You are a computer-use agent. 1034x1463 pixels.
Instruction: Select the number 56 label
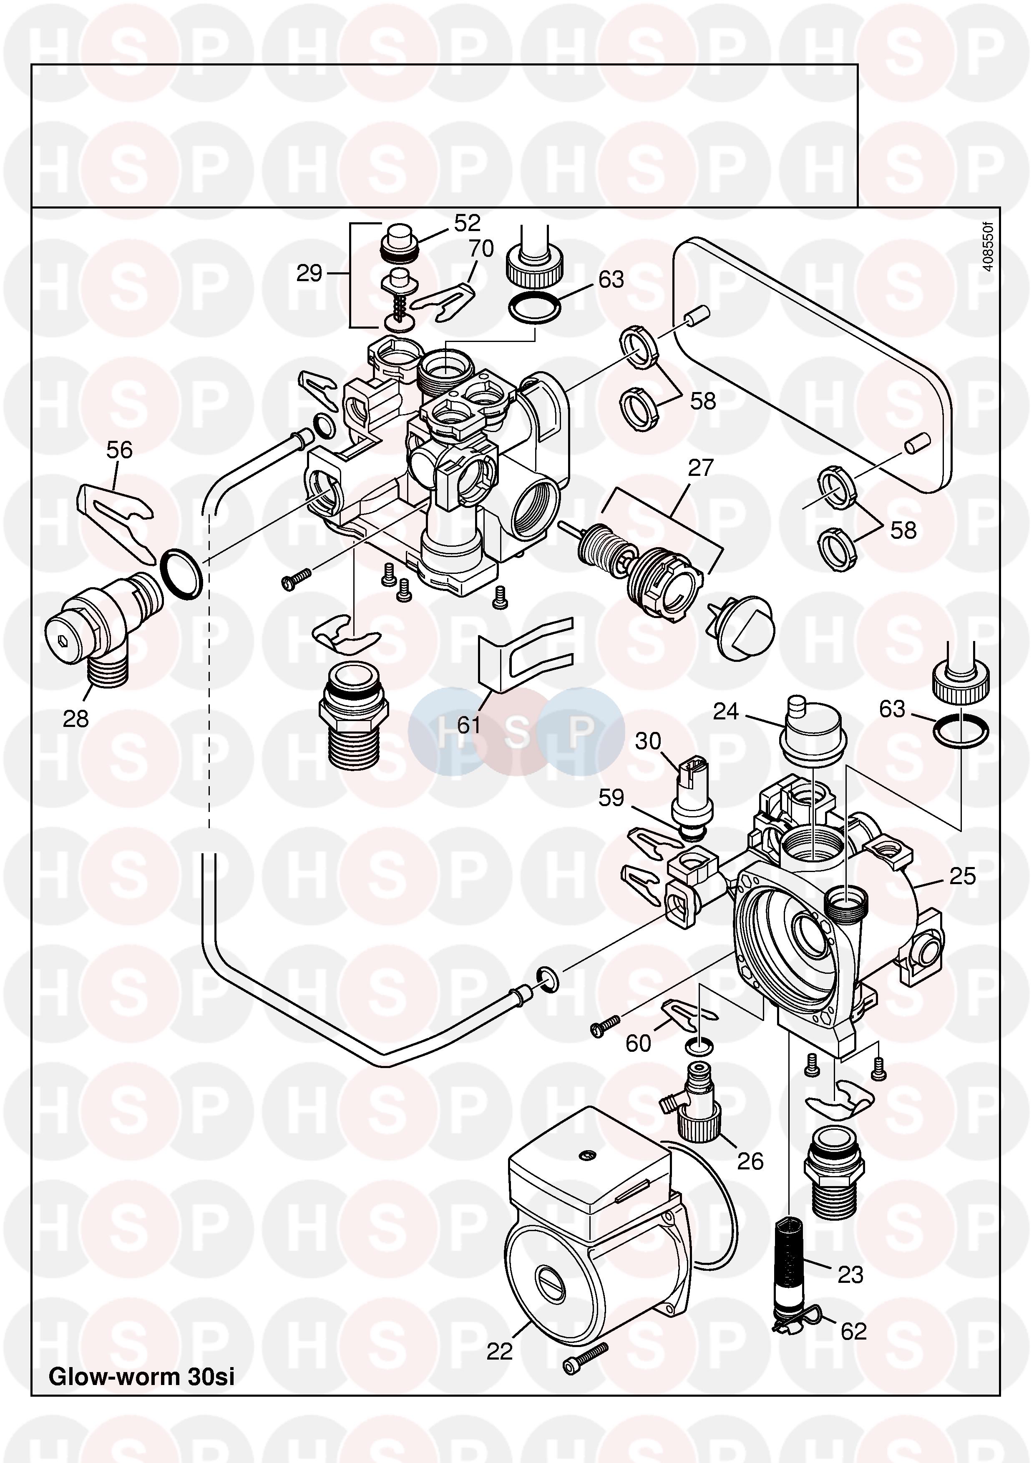119,450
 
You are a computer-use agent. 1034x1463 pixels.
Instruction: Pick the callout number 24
726,711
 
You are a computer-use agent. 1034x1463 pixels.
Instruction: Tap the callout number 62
854,1331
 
